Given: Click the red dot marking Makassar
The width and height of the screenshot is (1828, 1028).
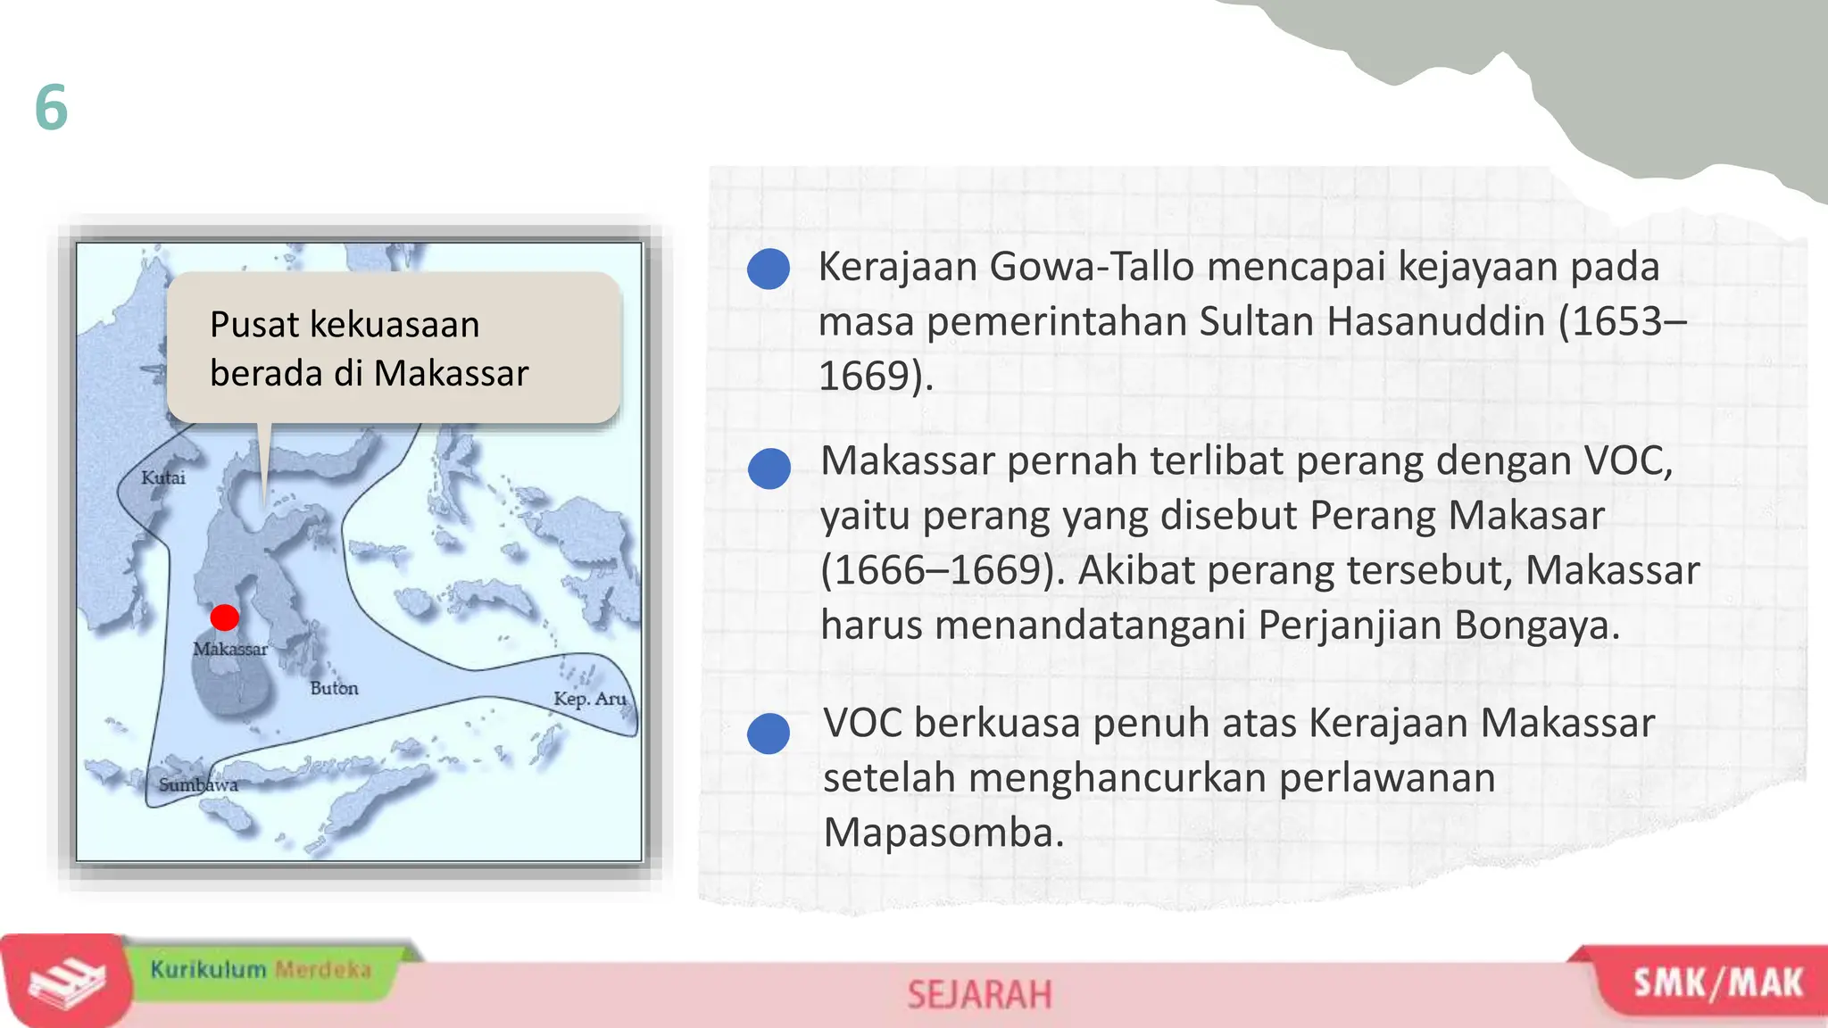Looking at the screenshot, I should click(x=224, y=617).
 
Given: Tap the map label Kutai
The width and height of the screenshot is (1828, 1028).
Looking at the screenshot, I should click(x=163, y=477).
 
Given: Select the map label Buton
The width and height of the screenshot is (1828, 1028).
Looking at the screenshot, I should click(x=334, y=688).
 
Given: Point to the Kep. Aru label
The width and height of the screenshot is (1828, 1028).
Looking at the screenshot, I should click(x=590, y=698).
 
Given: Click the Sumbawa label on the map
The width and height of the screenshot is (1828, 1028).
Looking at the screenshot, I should click(x=198, y=784).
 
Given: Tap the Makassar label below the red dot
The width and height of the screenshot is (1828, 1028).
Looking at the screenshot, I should click(x=230, y=649).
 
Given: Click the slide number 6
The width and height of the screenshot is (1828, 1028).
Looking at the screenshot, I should click(x=51, y=107).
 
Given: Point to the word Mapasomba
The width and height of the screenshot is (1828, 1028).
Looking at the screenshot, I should click(x=943, y=833).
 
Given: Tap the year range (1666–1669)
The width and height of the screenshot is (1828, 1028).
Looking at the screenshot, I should click(x=943, y=570).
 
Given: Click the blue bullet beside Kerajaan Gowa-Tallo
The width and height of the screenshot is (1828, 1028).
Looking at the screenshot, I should click(x=769, y=269).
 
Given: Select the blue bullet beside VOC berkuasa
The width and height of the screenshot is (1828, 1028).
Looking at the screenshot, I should click(x=769, y=734).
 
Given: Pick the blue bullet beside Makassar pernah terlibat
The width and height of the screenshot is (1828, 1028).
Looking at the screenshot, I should click(x=769, y=468).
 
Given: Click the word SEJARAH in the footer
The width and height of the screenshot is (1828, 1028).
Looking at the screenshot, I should click(x=979, y=995).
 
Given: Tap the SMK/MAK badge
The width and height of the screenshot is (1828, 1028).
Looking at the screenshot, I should click(x=1717, y=983).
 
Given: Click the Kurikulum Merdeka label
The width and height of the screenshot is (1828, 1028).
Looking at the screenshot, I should click(x=260, y=969).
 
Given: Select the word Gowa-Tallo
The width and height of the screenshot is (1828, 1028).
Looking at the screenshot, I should click(x=1092, y=266).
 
